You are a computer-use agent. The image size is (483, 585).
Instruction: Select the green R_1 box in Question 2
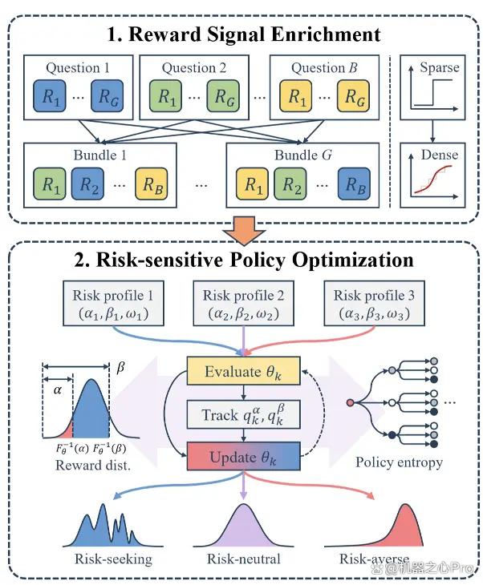point(167,97)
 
